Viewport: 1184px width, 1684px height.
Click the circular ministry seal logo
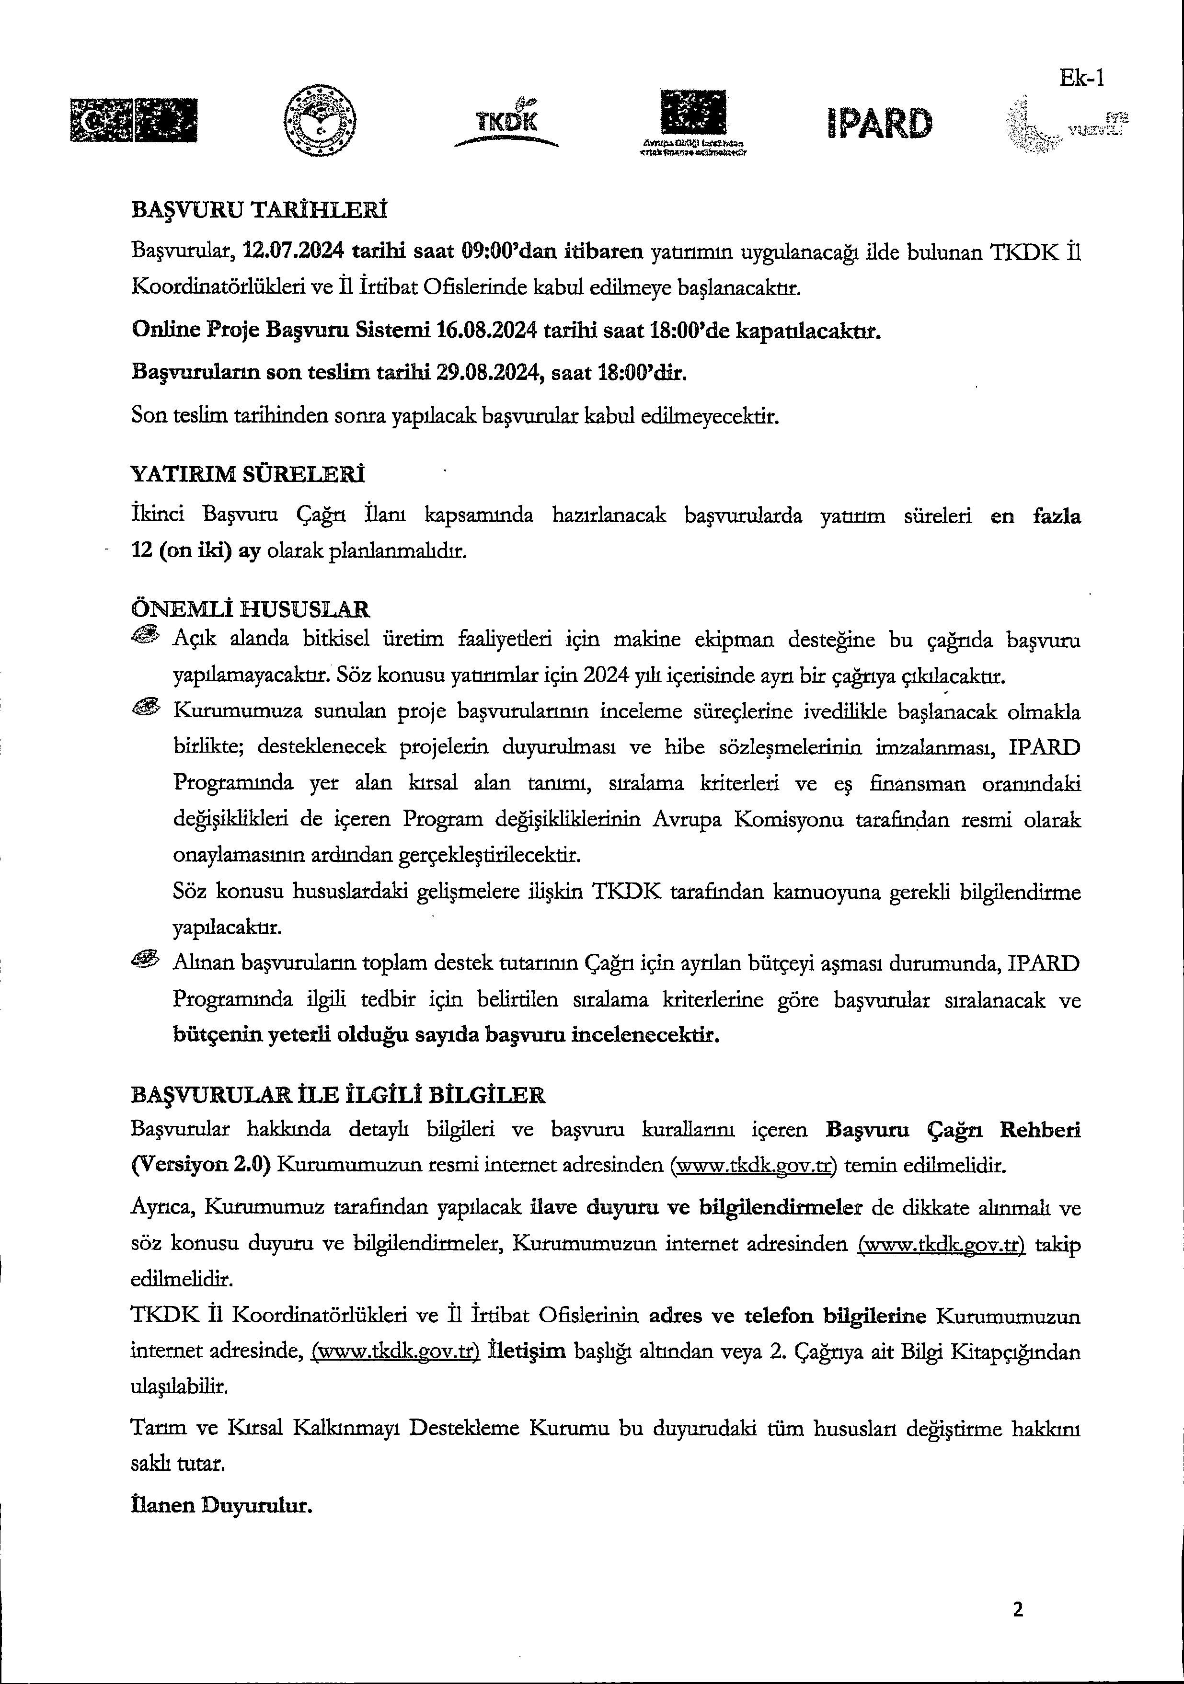(x=320, y=120)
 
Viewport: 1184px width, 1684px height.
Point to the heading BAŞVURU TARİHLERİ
(x=259, y=210)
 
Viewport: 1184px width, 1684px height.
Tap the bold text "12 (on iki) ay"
(x=196, y=551)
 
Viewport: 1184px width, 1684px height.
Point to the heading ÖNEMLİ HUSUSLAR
(x=250, y=609)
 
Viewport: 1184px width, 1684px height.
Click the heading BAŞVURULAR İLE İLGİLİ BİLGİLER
(x=337, y=1095)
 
